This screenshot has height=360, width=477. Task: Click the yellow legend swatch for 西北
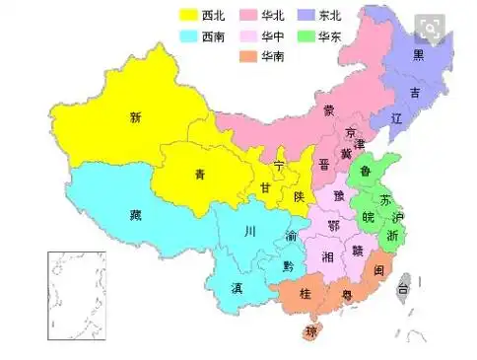click(187, 16)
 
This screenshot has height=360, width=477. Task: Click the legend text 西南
click(213, 36)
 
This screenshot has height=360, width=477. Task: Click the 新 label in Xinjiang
click(135, 117)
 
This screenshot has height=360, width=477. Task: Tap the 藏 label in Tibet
click(135, 214)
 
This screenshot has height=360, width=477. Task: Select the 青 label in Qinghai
click(200, 175)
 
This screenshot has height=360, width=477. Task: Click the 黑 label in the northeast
click(419, 54)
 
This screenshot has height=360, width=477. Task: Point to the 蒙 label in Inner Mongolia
click(327, 110)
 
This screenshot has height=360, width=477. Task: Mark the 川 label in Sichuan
click(250, 233)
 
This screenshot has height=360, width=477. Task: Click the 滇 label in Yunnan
click(238, 289)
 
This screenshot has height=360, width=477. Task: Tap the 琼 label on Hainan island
click(312, 330)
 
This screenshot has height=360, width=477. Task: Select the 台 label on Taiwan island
click(402, 289)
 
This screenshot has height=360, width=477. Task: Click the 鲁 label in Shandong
click(367, 171)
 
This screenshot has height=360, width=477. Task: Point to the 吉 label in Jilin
click(415, 93)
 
